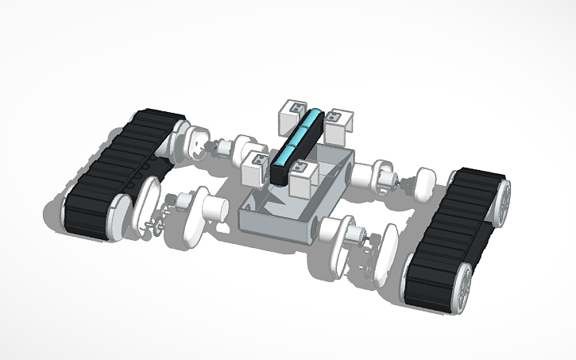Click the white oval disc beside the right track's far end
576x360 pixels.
point(424,186)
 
